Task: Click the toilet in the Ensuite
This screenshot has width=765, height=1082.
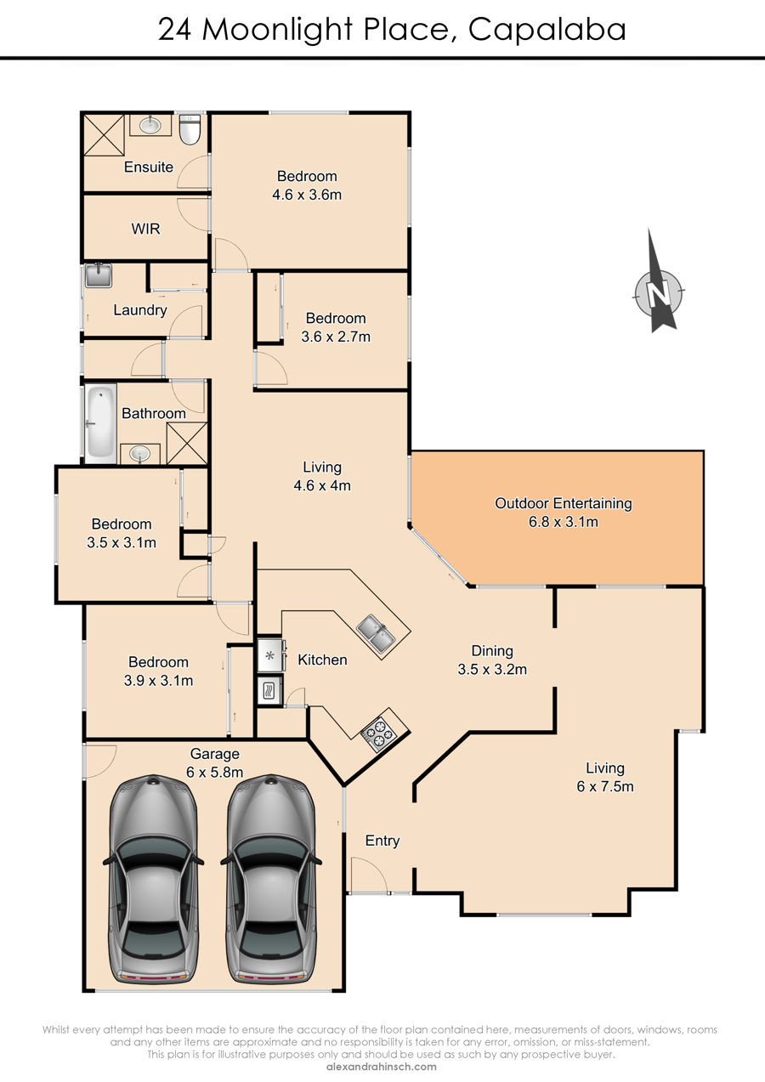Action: point(189,129)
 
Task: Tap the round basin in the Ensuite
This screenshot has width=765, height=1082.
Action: point(150,125)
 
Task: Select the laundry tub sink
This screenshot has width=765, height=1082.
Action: point(99,276)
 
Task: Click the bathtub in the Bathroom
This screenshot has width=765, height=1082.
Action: point(101,423)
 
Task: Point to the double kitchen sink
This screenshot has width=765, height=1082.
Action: point(377,634)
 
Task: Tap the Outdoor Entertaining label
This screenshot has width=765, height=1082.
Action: point(563,503)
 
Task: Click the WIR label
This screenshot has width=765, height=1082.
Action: point(145,229)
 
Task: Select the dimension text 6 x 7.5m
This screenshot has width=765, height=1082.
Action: point(604,786)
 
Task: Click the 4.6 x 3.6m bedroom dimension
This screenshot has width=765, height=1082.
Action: point(307,195)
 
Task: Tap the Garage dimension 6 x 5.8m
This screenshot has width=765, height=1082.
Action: point(214,772)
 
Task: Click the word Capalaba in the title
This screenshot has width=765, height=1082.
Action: point(547,30)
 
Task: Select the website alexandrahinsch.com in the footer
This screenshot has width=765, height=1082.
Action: point(382,1067)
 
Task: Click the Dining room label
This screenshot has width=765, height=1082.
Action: point(492,651)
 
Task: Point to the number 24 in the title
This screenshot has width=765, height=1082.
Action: point(175,30)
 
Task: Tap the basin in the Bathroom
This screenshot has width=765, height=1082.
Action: point(139,454)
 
